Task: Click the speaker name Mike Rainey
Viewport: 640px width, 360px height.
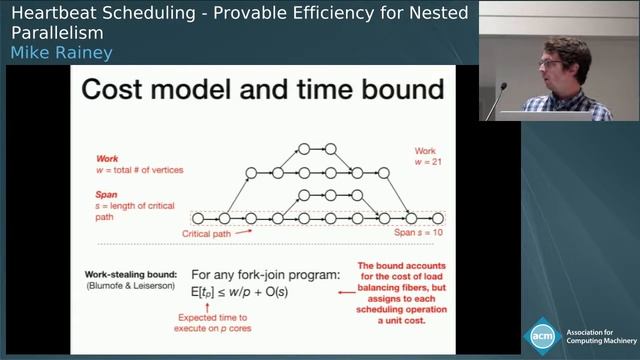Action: pyautogui.click(x=57, y=53)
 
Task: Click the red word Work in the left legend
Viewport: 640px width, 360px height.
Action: pyautogui.click(x=107, y=159)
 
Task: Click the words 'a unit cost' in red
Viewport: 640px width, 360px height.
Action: pyautogui.click(x=409, y=322)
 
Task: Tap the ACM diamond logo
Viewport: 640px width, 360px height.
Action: pyautogui.click(x=544, y=334)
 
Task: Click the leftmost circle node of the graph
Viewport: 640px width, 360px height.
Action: pyautogui.click(x=197, y=217)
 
